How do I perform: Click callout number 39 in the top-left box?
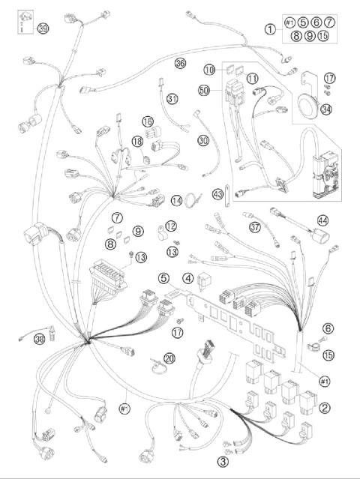click(43, 28)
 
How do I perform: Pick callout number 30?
click(202, 140)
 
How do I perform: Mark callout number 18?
click(137, 141)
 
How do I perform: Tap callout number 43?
click(218, 193)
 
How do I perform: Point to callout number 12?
click(171, 226)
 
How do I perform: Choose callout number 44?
click(322, 222)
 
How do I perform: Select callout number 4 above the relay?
click(187, 278)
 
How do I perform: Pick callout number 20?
click(169, 358)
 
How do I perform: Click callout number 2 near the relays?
click(324, 408)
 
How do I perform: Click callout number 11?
click(253, 77)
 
